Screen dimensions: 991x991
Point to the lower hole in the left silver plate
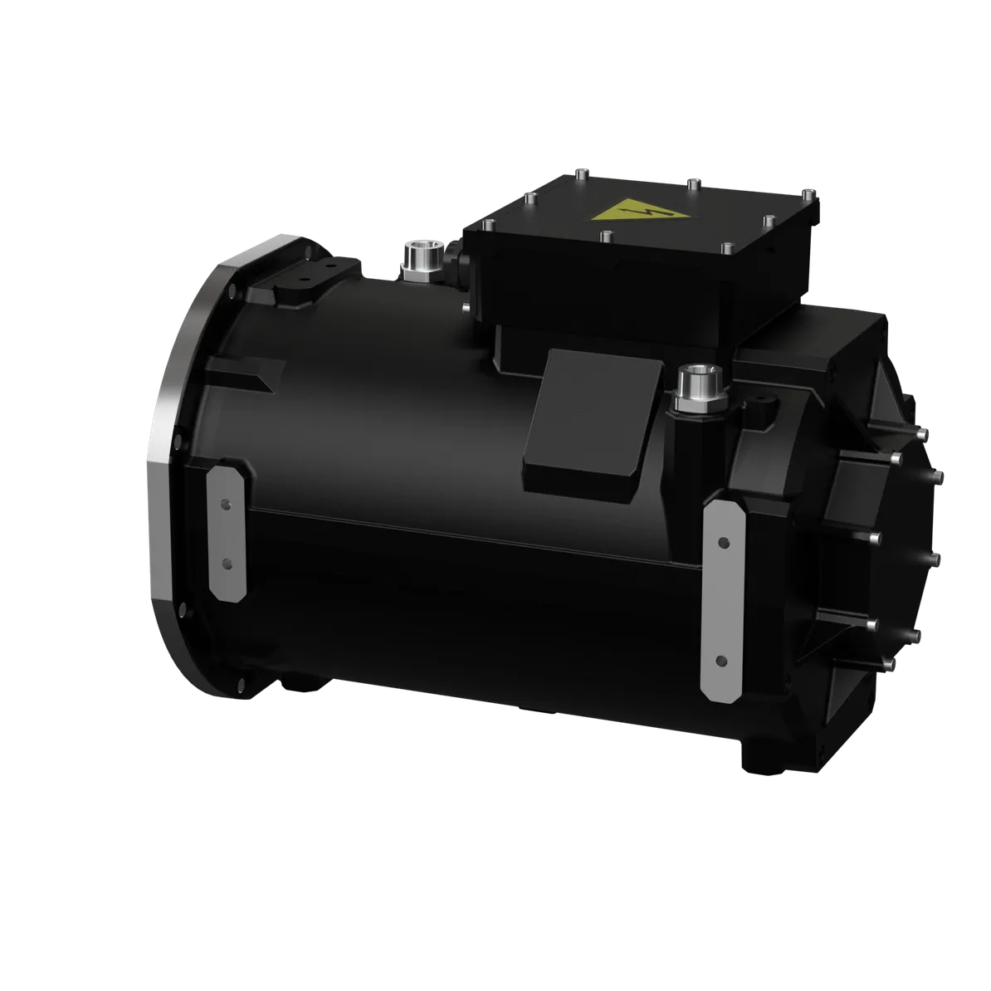click(227, 564)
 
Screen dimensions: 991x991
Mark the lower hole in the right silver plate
click(721, 661)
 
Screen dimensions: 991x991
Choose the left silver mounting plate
click(226, 533)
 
